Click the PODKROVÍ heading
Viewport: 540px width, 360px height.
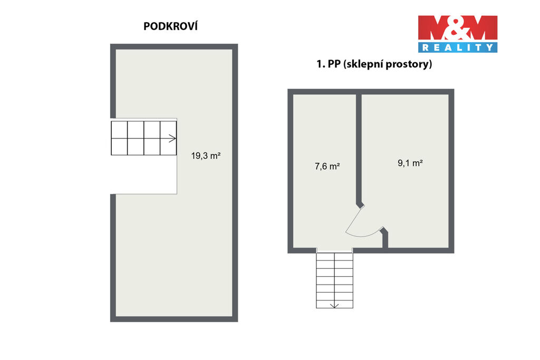(x=170, y=26)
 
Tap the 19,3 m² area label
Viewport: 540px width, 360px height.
(x=206, y=155)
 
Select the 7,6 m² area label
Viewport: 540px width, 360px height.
(x=327, y=166)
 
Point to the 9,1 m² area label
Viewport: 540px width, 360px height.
(x=410, y=163)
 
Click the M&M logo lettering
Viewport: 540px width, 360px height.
(x=458, y=27)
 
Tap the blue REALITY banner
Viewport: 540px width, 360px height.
(x=458, y=47)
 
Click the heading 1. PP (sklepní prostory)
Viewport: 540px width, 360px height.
(x=374, y=64)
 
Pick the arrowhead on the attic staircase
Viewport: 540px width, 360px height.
(x=173, y=138)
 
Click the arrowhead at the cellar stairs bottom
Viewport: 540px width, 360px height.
(x=334, y=306)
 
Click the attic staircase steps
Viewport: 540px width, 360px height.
(x=143, y=138)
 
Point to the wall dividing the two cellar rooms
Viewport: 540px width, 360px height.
(x=359, y=150)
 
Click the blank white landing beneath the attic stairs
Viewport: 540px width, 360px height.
(x=143, y=174)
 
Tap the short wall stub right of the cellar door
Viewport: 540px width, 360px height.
(x=384, y=238)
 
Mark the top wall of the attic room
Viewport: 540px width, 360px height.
(x=174, y=46)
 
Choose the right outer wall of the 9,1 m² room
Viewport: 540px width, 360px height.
(x=451, y=171)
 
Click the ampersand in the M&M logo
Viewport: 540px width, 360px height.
(x=457, y=27)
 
